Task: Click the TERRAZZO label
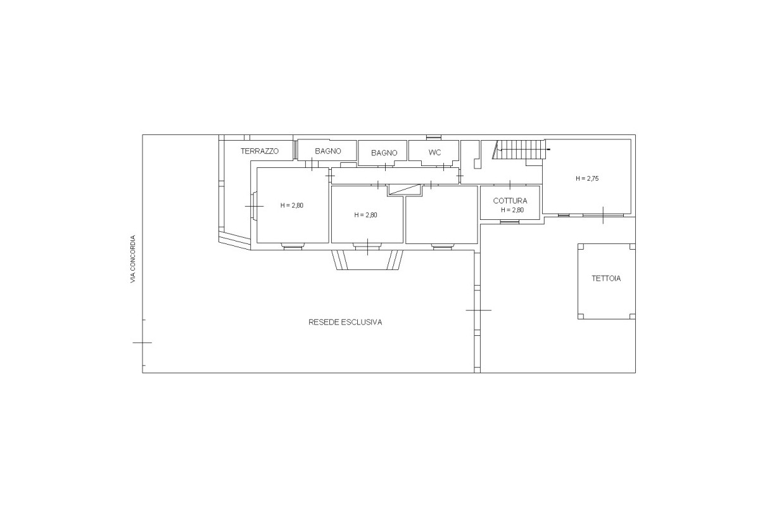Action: click(260, 151)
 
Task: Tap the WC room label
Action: click(434, 153)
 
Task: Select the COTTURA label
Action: click(510, 201)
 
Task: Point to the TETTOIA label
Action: click(606, 278)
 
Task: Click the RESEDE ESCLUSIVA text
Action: click(345, 323)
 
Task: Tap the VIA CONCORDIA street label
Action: click(132, 259)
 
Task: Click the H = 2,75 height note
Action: click(587, 179)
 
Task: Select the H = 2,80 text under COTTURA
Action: click(512, 210)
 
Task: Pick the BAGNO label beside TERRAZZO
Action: click(328, 151)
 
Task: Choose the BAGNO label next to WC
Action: click(384, 153)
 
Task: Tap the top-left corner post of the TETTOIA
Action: click(581, 247)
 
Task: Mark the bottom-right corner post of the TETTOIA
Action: click(633, 316)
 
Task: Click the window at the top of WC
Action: click(434, 137)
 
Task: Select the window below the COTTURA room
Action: click(510, 222)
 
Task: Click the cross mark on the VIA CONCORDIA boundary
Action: click(142, 343)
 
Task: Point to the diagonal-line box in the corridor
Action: click(405, 190)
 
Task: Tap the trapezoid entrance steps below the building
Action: click(367, 260)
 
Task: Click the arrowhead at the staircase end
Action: click(548, 150)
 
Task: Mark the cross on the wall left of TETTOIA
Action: click(478, 310)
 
